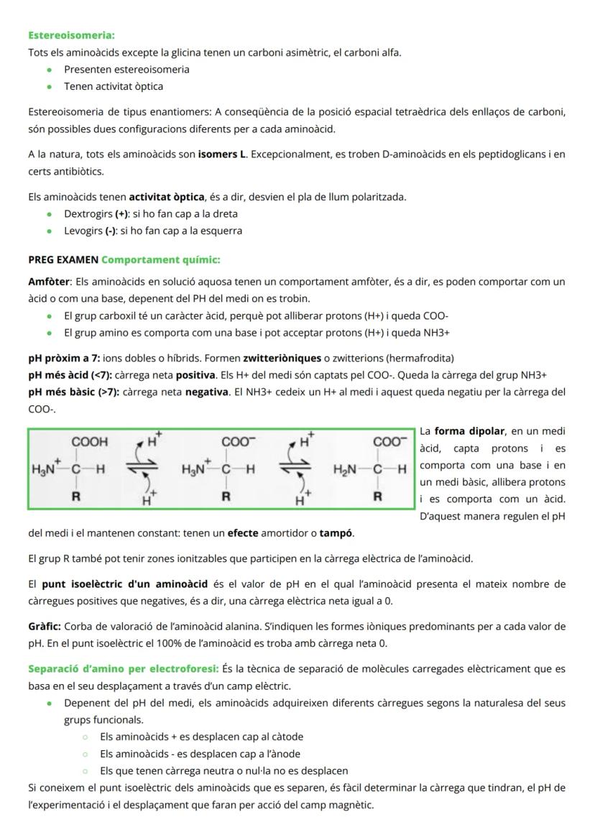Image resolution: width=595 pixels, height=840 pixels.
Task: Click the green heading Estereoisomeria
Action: click(71, 34)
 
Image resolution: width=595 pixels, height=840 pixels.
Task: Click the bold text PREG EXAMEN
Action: click(63, 259)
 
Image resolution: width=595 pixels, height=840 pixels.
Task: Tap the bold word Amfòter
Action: click(49, 281)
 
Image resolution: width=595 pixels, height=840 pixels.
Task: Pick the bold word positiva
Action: click(195, 375)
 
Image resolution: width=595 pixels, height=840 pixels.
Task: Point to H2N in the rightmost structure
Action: click(346, 469)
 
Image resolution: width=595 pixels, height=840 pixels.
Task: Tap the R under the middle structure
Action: click(226, 496)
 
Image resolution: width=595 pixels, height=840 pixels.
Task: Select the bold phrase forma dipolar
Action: click(470, 431)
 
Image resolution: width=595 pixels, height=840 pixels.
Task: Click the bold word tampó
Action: click(336, 533)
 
